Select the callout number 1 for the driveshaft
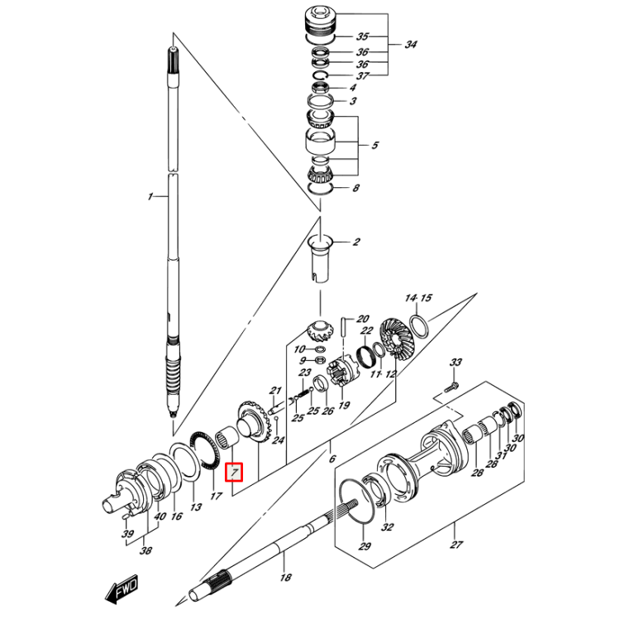150,197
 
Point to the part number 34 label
411,45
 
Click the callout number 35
362,37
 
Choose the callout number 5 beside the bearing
374,146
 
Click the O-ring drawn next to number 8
320,189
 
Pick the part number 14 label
411,297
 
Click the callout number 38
145,550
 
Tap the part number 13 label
196,507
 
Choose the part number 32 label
388,526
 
